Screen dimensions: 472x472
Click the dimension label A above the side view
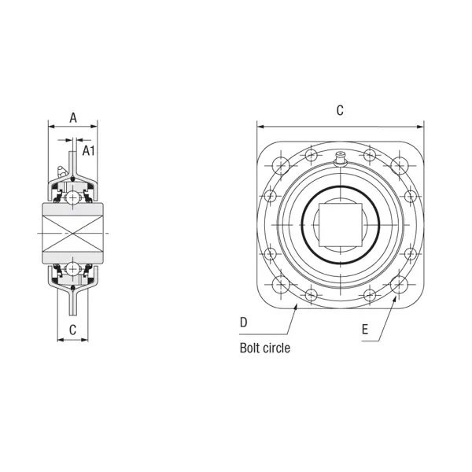click(73, 118)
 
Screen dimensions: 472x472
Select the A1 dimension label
click(89, 150)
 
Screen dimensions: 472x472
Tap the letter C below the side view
click(72, 330)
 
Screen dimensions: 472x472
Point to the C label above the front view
click(340, 111)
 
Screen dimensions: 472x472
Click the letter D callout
click(244, 323)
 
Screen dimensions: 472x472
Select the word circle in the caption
click(278, 347)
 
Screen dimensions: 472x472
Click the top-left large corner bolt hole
click(281, 166)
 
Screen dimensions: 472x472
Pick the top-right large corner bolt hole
click(398, 166)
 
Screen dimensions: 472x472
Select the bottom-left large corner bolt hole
click(281, 284)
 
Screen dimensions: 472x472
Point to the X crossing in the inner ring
click(72, 234)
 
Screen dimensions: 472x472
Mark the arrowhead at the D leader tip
click(296, 304)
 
